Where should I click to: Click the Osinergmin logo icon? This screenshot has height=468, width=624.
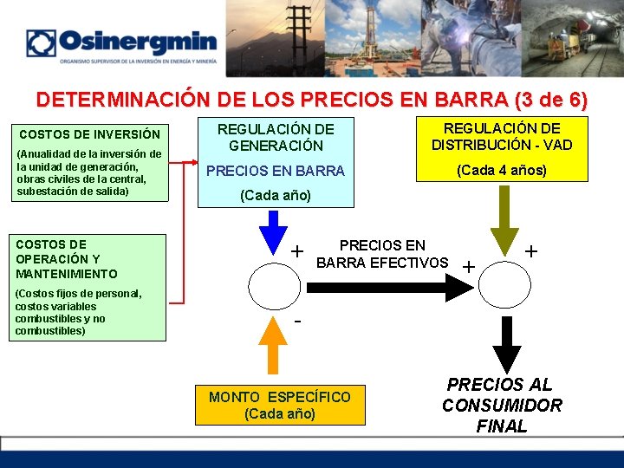[x=41, y=43]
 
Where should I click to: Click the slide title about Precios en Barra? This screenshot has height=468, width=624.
[x=312, y=100]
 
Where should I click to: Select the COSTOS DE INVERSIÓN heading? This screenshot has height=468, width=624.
[x=89, y=134]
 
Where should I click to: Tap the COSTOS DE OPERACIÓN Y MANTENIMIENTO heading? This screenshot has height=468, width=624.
[x=67, y=259]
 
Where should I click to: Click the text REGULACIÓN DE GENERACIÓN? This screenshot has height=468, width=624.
[x=275, y=138]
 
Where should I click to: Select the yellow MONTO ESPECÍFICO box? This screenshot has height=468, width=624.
[x=280, y=405]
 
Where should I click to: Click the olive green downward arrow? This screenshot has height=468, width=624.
[x=504, y=231]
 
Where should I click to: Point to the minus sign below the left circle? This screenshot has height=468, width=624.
[x=298, y=322]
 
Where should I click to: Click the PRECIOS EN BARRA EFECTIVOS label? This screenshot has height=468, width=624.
[x=382, y=254]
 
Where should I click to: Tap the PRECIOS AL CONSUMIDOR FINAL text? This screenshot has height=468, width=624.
[x=502, y=405]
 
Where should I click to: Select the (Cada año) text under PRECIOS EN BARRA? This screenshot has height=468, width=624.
[x=275, y=196]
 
